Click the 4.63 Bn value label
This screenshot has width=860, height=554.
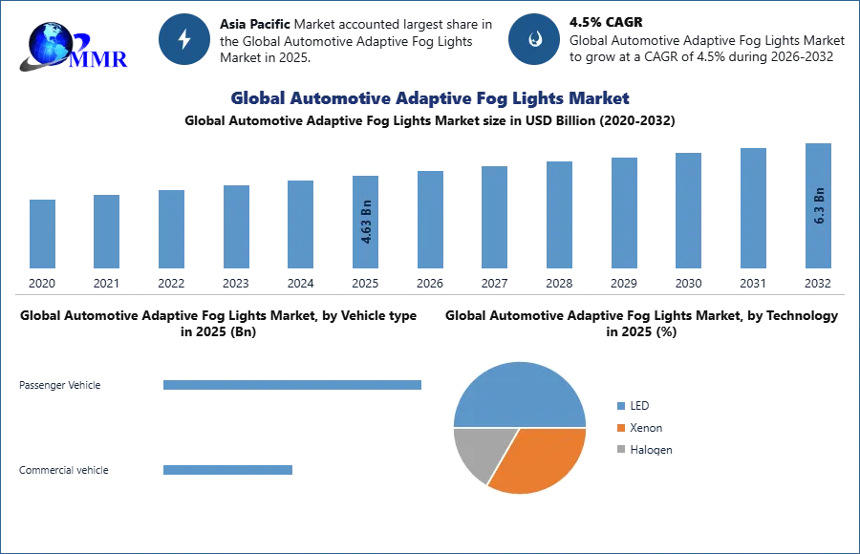367,222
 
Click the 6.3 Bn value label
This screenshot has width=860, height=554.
819,205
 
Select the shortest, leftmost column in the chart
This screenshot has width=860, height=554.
42,236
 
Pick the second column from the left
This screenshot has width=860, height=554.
107,232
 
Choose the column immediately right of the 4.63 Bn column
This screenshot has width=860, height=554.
428,221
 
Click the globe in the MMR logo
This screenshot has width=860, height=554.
48,42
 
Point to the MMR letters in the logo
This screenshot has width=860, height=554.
99,58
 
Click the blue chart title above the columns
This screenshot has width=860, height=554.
430,98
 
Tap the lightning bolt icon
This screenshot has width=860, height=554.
185,39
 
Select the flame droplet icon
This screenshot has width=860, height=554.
534,39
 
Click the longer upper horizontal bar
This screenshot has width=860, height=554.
294,383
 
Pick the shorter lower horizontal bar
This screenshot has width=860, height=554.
228,469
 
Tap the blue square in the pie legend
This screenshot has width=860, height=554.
619,405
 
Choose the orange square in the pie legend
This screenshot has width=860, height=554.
619,428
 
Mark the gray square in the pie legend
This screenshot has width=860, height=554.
619,450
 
